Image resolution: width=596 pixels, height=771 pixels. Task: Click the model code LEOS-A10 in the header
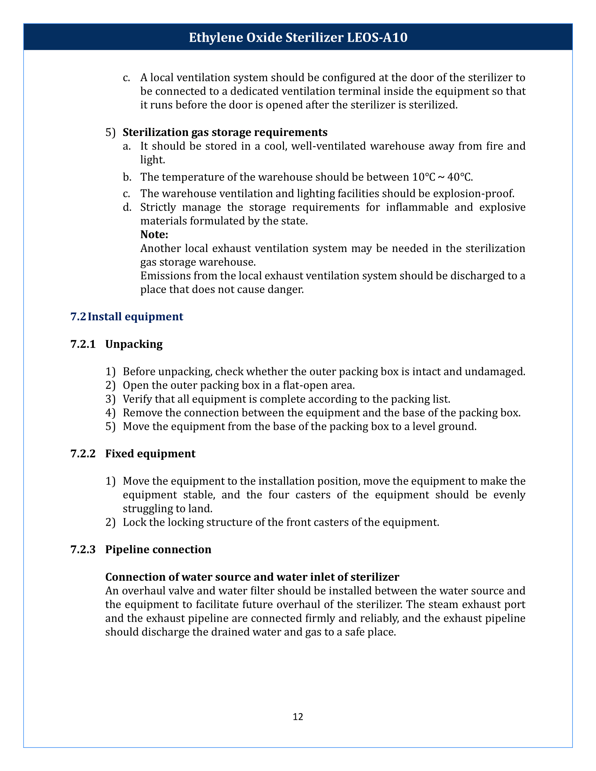[x=377, y=37]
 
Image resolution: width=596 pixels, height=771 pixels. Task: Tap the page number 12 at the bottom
[x=298, y=716]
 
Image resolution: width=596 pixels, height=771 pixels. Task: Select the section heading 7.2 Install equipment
[x=127, y=316]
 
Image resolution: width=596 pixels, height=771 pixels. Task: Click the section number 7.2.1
[x=83, y=344]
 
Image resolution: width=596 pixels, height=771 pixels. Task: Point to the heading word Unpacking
[x=134, y=344]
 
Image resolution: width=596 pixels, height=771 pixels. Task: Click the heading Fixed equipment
[x=150, y=453]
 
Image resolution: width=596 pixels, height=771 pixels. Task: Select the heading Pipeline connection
[x=158, y=549]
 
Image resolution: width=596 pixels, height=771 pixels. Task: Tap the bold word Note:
[x=154, y=234]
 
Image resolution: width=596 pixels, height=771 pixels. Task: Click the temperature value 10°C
[x=424, y=177]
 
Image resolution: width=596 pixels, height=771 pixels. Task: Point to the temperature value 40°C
[x=459, y=177]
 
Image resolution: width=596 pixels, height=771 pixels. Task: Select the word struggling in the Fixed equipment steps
[x=144, y=509]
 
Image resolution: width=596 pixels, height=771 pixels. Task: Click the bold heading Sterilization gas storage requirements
[x=225, y=132]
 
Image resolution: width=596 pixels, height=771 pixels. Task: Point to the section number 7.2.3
[x=83, y=549]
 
